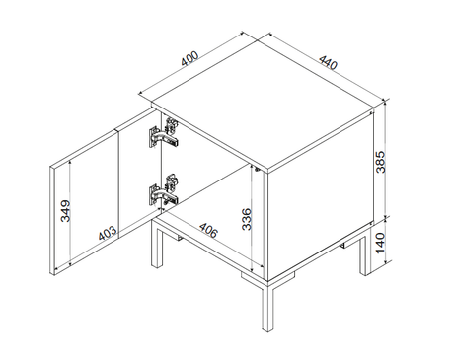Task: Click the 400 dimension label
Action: [x=190, y=59]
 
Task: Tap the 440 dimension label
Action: [x=328, y=63]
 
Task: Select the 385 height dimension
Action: [x=381, y=162]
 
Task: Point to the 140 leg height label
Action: [x=380, y=243]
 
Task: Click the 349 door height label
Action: [x=66, y=211]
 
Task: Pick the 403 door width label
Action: [x=108, y=233]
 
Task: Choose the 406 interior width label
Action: [x=208, y=230]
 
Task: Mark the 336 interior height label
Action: [x=247, y=219]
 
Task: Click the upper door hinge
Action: [x=164, y=133]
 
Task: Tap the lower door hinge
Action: [x=164, y=190]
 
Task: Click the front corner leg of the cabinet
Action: [x=267, y=306]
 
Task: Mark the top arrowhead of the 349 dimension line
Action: [x=70, y=163]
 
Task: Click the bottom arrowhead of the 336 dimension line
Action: [x=252, y=268]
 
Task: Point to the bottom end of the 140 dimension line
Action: [x=386, y=262]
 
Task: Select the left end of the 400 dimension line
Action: [x=139, y=93]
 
